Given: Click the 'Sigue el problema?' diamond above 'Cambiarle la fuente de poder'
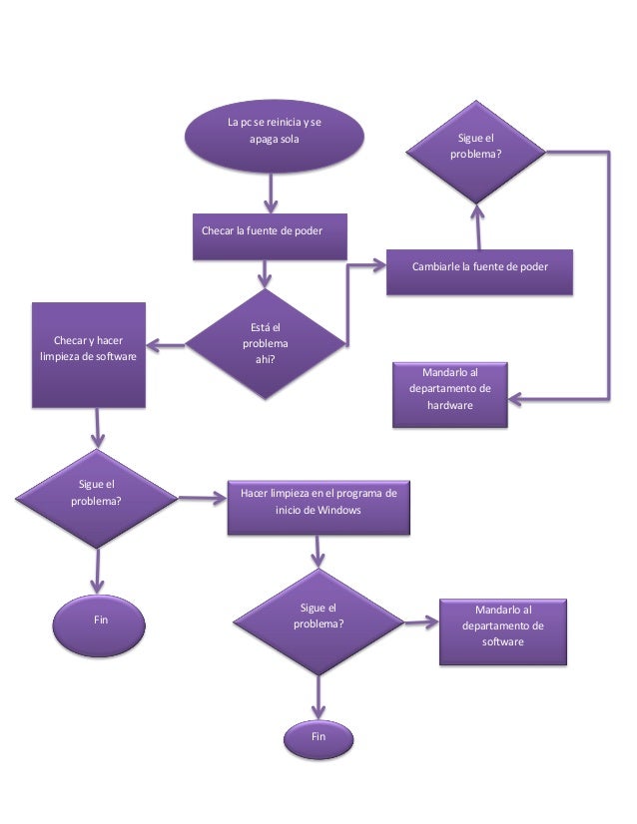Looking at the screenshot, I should (x=475, y=150).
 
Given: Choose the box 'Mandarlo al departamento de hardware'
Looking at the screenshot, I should (x=449, y=394).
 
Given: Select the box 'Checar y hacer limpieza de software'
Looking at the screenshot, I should (x=88, y=354).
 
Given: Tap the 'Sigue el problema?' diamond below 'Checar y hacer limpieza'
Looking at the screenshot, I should (x=96, y=493).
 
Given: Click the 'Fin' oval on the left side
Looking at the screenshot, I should (x=100, y=620).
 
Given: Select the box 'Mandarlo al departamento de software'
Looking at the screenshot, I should (x=502, y=629).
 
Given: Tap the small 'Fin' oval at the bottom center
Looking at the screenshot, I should (x=318, y=737).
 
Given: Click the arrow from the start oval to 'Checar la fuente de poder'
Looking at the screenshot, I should (x=270, y=193).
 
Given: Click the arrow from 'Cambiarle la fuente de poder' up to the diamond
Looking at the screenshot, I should (x=477, y=225).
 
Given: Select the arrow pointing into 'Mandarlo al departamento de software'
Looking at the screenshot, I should (x=421, y=621).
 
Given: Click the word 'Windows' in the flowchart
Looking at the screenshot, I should (x=339, y=511).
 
